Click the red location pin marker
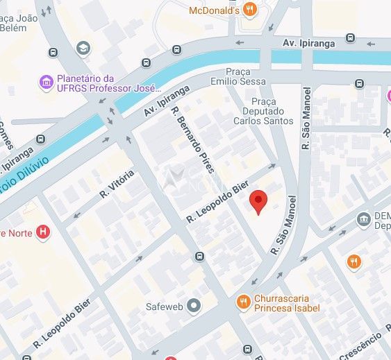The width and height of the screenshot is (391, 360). pyautogui.click(x=258, y=201)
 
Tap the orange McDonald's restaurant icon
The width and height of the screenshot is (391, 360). pyautogui.click(x=250, y=10)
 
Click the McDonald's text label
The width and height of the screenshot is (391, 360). pyautogui.click(x=214, y=10)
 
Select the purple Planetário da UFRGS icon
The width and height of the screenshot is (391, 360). pyautogui.click(x=47, y=83)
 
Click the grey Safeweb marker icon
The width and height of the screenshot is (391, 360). pyautogui.click(x=194, y=305)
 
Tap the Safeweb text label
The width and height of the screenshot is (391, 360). pyautogui.click(x=163, y=305)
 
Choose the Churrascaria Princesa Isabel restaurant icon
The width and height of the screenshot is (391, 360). pyautogui.click(x=242, y=302)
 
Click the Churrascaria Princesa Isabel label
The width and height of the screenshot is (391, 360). pyautogui.click(x=287, y=302)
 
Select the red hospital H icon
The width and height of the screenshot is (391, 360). pyautogui.click(x=43, y=232)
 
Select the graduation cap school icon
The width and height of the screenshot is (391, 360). pyautogui.click(x=84, y=47)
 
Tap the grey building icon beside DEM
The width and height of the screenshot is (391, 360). pyautogui.click(x=363, y=220)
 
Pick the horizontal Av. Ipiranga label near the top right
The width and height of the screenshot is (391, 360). pyautogui.click(x=309, y=43)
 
